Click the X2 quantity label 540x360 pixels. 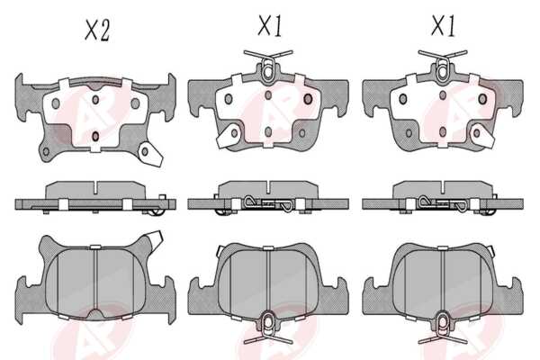[97, 31]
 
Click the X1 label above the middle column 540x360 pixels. [270, 26]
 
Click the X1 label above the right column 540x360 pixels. [443, 26]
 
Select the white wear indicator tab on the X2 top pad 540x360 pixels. [150, 155]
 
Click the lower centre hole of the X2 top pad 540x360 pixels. [95, 136]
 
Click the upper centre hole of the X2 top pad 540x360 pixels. [95, 100]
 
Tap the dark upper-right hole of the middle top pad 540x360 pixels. [308, 99]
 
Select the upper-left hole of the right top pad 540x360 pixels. [402, 99]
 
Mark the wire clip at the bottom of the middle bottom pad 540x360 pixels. [268, 327]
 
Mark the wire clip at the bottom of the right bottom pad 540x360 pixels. [443, 327]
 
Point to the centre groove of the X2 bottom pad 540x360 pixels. [95, 279]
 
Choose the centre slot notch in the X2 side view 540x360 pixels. [95, 188]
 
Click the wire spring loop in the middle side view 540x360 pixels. [268, 203]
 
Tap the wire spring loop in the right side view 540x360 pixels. [443, 203]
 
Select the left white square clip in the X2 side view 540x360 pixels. [63, 204]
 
